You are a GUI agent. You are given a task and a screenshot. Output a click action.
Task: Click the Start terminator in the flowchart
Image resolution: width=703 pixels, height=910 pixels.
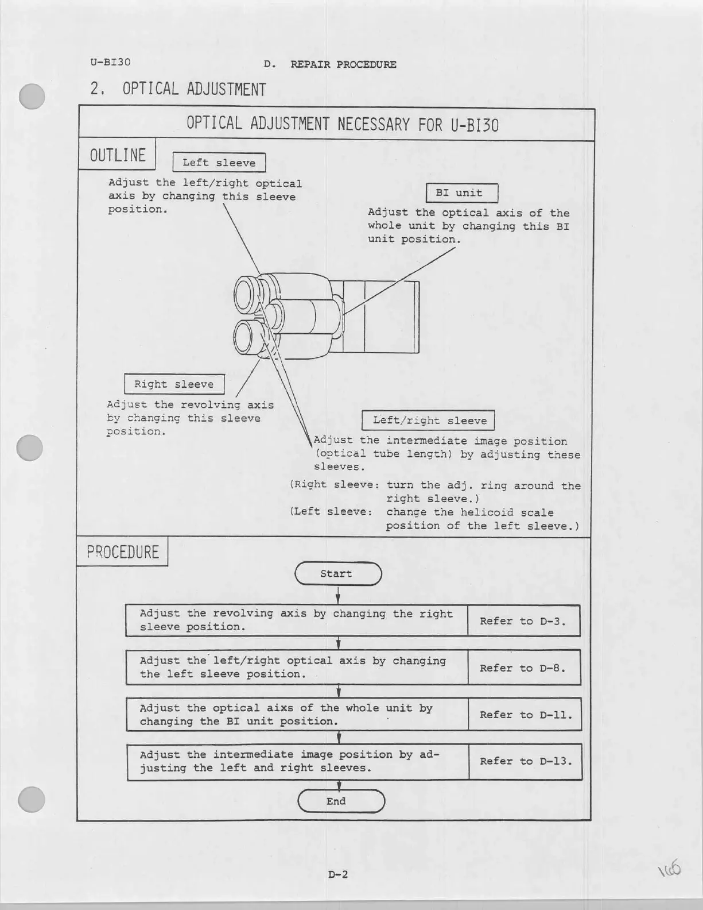point(338,573)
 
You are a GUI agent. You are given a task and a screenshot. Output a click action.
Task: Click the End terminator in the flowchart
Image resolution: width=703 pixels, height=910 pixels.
point(341,801)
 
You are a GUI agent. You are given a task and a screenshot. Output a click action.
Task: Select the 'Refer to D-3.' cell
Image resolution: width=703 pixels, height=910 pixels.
point(523,621)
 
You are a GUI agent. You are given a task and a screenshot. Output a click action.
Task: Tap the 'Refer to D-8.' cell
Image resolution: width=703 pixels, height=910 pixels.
point(523,668)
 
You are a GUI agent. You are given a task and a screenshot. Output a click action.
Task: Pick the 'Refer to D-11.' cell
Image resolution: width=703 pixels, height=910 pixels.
point(525,715)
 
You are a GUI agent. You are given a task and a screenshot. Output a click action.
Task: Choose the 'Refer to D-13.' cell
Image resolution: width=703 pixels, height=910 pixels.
point(526,761)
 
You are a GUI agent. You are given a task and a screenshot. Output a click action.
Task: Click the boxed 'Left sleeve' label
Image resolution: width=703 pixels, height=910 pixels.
point(219,163)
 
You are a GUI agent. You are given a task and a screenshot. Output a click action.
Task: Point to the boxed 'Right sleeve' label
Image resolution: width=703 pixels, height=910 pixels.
point(174,384)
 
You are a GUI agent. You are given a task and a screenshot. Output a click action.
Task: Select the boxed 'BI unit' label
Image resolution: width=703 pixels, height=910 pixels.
point(461,193)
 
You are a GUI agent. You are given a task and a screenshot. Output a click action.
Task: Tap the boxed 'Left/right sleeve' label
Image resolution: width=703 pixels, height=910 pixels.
point(428,421)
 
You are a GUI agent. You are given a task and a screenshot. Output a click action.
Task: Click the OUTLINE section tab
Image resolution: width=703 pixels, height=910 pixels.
point(118,155)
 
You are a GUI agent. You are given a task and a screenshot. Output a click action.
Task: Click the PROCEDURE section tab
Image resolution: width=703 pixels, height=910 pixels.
point(122,552)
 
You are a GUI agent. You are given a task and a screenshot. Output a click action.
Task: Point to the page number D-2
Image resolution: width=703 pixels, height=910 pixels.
point(338,874)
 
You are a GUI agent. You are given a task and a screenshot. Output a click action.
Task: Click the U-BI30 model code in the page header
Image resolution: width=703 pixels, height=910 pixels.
point(110,61)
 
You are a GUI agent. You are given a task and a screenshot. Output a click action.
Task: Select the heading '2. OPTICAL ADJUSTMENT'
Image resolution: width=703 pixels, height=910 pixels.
point(178,90)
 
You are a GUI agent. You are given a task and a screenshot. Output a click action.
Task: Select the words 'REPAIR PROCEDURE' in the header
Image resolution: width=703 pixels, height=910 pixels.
point(343,64)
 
